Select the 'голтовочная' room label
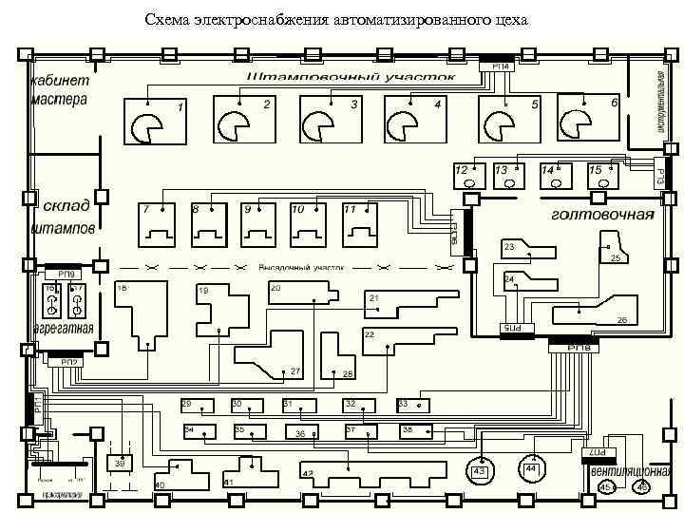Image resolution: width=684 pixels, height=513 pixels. click(602, 214)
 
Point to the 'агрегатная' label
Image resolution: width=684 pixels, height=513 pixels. click(63, 329)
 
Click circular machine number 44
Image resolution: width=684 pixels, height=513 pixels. click(531, 468)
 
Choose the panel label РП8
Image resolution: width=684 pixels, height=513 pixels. click(579, 349)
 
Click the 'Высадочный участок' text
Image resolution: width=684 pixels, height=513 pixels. click(301, 268)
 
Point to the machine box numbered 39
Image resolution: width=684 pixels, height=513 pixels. click(120, 464)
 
